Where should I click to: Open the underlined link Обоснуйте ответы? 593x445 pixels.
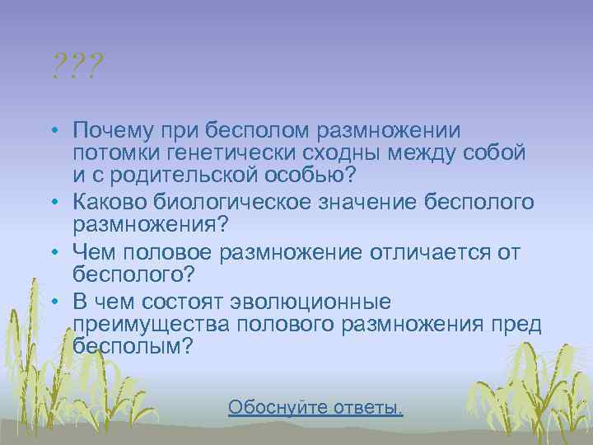point(315,407)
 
